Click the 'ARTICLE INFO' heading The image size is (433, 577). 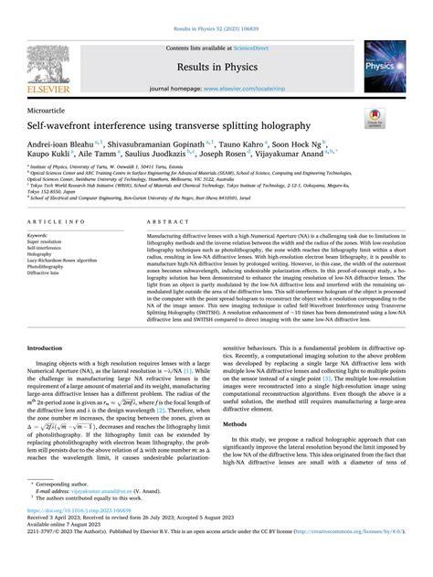(x=58, y=222)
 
